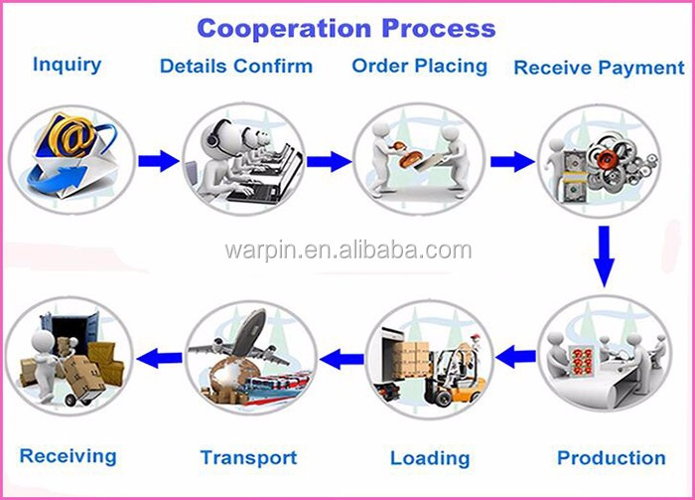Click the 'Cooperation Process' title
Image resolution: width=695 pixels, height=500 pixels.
(347, 28)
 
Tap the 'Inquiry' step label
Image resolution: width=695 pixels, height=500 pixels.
(67, 65)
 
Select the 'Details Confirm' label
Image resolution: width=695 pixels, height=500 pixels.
(236, 67)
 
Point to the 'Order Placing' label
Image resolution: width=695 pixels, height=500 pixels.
(419, 67)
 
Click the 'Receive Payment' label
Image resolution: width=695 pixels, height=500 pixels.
(599, 68)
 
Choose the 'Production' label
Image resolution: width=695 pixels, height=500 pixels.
(612, 458)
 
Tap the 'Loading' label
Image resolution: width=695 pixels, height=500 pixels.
(430, 458)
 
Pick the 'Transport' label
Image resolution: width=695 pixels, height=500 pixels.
(248, 458)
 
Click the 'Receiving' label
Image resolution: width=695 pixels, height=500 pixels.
(68, 456)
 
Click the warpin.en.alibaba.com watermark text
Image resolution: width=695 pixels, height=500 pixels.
(347, 250)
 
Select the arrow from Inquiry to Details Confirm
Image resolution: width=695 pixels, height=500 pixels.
(159, 161)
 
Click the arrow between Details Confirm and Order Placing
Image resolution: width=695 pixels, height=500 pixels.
(330, 161)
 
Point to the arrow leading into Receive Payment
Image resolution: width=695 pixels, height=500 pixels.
(512, 161)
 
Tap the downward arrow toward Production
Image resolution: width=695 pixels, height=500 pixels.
(604, 256)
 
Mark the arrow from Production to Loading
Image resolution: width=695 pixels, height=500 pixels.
(515, 356)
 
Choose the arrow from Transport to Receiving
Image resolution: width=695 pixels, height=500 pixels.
(159, 358)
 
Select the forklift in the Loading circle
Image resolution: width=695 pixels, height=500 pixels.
(454, 376)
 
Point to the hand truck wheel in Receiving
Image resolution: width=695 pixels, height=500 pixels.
(70, 401)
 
